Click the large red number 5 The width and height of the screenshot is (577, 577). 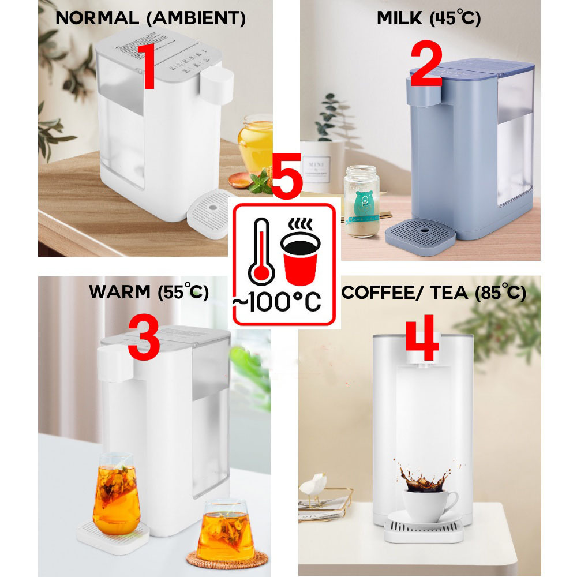pyautogui.click(x=287, y=173)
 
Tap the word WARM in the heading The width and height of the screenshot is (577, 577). pyautogui.click(x=119, y=293)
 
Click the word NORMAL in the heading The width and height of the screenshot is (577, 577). pyautogui.click(x=98, y=18)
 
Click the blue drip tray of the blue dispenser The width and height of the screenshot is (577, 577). pyautogui.click(x=420, y=235)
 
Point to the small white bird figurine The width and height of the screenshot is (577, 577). pyautogui.click(x=314, y=484)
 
